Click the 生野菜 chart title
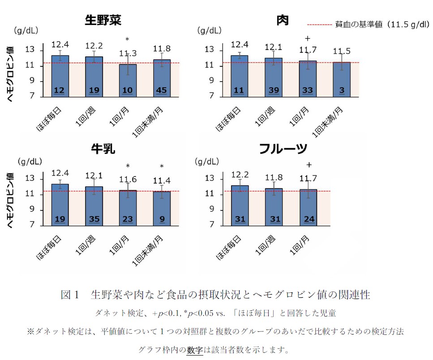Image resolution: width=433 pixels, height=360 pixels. pos(103,21)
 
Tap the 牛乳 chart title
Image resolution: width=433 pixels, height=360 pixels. pos(103,149)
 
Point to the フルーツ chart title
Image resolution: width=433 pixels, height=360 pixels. pos(283,149)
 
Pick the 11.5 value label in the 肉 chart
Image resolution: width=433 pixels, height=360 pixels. pos(342,51)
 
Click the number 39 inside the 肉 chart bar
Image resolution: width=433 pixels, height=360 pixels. pos(273,90)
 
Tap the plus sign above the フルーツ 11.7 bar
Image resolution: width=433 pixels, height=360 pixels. pos(309,164)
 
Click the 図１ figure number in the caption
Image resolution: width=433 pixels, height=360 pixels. pos(70,295)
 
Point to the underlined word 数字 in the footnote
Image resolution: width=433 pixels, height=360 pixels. pos(195,349)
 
